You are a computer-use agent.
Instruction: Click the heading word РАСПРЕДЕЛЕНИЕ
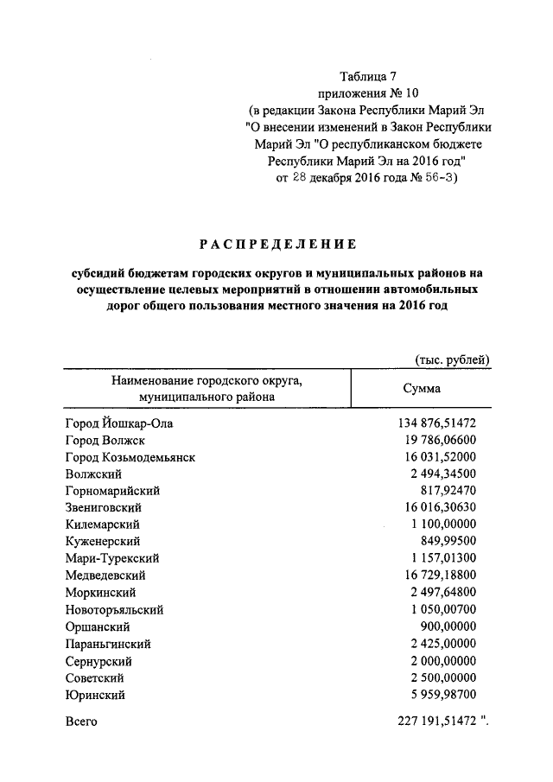tap(274, 245)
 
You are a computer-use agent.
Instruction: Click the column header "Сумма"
tap(422, 388)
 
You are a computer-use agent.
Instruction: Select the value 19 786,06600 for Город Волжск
tap(441, 441)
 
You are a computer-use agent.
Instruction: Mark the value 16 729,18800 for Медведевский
tap(441, 575)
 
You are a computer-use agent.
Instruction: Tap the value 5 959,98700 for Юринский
tap(444, 694)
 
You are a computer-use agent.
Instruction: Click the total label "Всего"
tap(81, 721)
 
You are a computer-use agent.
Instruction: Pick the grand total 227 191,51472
tap(437, 721)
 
